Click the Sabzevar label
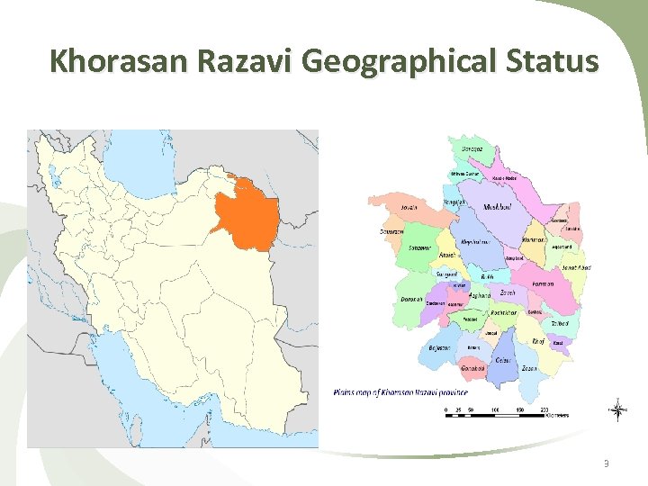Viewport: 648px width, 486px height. tap(419, 247)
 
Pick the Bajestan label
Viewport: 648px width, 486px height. tap(441, 347)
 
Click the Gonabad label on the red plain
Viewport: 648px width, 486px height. tap(473, 369)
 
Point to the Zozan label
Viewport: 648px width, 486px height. tap(529, 368)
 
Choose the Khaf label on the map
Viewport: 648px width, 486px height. tap(538, 342)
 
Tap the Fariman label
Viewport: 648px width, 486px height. tap(544, 284)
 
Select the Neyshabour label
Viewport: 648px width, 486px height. tap(475, 242)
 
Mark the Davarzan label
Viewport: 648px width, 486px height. tap(391, 231)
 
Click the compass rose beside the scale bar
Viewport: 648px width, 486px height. tap(617, 409)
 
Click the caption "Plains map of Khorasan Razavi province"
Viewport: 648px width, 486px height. tap(400, 392)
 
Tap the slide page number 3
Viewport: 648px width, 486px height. tap(607, 463)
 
